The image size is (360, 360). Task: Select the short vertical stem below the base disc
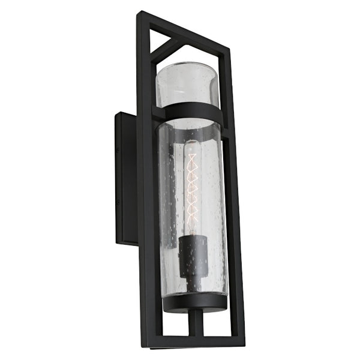tap(193, 324)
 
